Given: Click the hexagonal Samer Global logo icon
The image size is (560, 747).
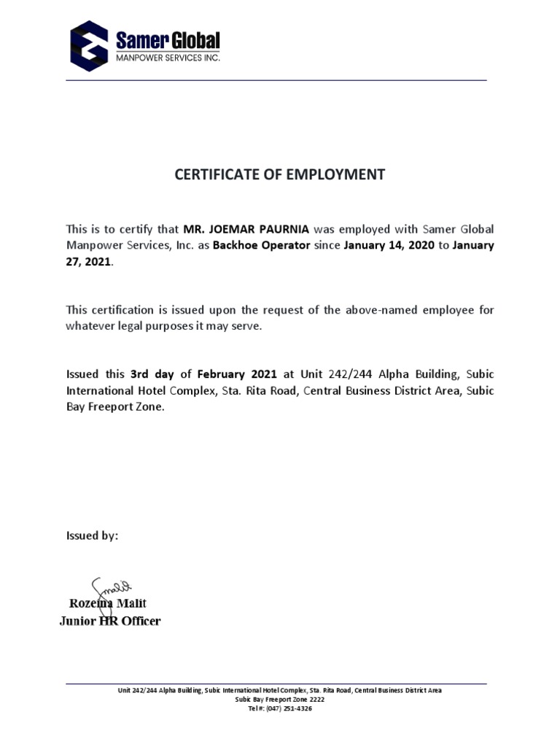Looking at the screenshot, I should [88, 45].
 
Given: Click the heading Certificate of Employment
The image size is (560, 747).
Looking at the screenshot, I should [280, 174].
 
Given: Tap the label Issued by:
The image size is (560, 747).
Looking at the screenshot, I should [92, 535].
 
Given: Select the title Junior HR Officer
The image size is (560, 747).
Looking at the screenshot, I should [109, 621].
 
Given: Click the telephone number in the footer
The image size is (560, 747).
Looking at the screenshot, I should [280, 708].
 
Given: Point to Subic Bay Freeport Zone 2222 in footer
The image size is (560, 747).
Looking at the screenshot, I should [280, 699].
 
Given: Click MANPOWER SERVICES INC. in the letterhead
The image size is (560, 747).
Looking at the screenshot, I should [168, 57].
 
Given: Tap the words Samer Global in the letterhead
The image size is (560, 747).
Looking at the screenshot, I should [168, 40].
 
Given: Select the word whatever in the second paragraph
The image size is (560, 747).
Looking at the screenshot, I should [90, 326].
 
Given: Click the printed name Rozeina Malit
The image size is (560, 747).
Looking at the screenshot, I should [108, 603].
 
